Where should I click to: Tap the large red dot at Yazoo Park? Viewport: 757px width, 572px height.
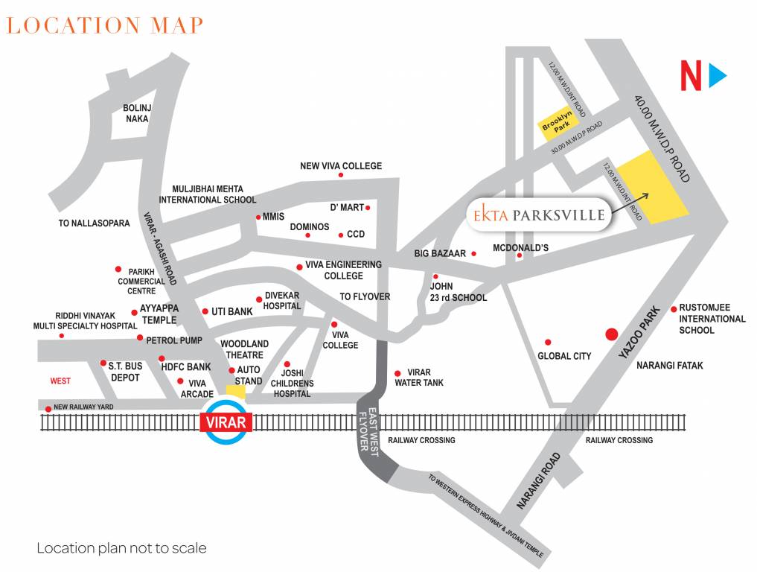tap(611, 334)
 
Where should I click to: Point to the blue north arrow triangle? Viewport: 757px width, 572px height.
tap(718, 76)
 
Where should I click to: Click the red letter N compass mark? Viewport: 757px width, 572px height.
tap(691, 77)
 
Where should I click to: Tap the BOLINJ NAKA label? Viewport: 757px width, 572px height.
tap(137, 113)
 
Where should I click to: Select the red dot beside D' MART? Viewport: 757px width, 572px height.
tap(368, 208)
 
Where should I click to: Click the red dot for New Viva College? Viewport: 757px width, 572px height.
tap(341, 175)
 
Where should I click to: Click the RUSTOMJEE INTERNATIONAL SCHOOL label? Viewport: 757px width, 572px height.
tap(712, 319)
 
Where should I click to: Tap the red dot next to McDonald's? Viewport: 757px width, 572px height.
tap(520, 257)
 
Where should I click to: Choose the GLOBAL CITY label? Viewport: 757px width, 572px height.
tap(564, 356)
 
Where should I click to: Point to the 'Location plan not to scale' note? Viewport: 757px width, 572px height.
tap(121, 548)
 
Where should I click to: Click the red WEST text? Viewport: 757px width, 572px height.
tap(60, 381)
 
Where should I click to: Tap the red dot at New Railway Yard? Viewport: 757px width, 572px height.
tap(48, 408)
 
